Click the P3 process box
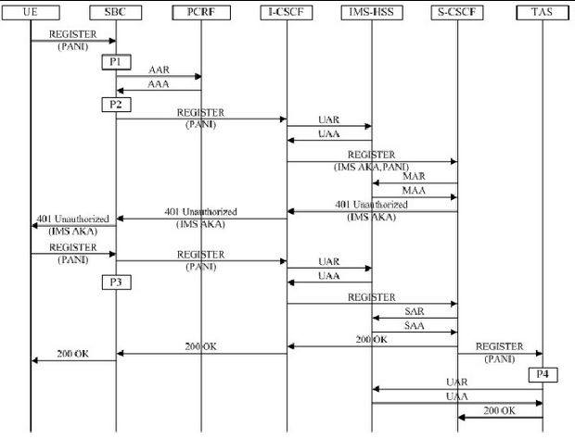coord(116,282)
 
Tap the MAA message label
coord(415,190)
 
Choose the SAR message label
coord(415,312)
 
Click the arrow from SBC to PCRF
coord(159,76)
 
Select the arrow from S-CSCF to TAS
coord(500,352)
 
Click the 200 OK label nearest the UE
coord(73,354)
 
